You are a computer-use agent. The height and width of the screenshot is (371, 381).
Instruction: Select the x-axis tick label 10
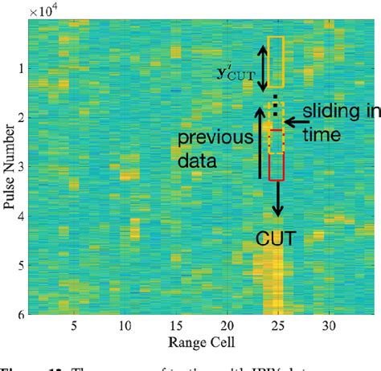click(x=124, y=327)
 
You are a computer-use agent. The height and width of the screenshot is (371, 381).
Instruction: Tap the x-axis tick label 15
click(x=175, y=327)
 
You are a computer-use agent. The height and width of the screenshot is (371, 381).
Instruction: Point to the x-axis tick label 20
click(x=227, y=327)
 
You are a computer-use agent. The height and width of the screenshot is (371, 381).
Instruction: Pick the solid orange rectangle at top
click(x=276, y=62)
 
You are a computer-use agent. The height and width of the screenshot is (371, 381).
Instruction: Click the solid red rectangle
click(x=277, y=155)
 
